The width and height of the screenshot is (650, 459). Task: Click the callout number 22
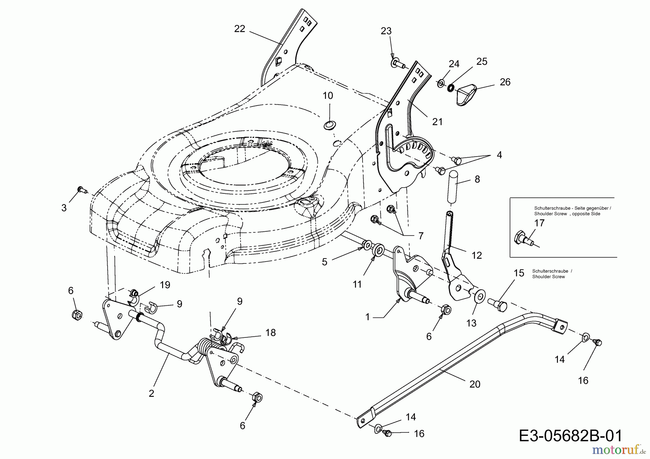coord(240,29)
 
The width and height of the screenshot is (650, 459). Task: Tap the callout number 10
coord(328,96)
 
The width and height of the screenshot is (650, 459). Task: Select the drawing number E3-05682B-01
coord(571,436)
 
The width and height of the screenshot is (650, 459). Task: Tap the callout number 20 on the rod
coord(475,384)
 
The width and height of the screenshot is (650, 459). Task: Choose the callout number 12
coord(477,255)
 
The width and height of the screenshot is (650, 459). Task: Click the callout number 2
coord(151,393)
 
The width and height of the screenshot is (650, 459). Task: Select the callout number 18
coord(270,333)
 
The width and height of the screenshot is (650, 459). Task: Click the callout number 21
coord(437,122)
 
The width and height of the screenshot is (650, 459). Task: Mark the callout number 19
coord(165,285)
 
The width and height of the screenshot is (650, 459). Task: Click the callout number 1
coord(368,317)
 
